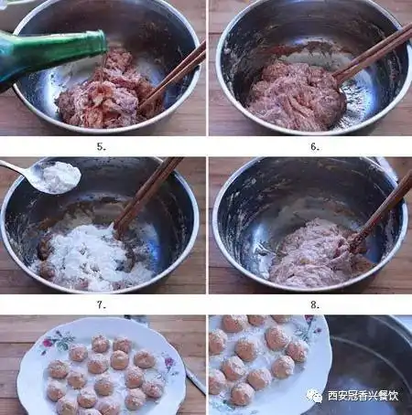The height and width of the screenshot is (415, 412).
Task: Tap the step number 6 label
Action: click(314, 145)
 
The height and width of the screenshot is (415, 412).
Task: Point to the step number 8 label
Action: click(314, 304)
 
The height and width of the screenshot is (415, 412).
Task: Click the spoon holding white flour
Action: click(46, 176)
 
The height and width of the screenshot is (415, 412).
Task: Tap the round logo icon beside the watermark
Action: click(315, 396)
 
